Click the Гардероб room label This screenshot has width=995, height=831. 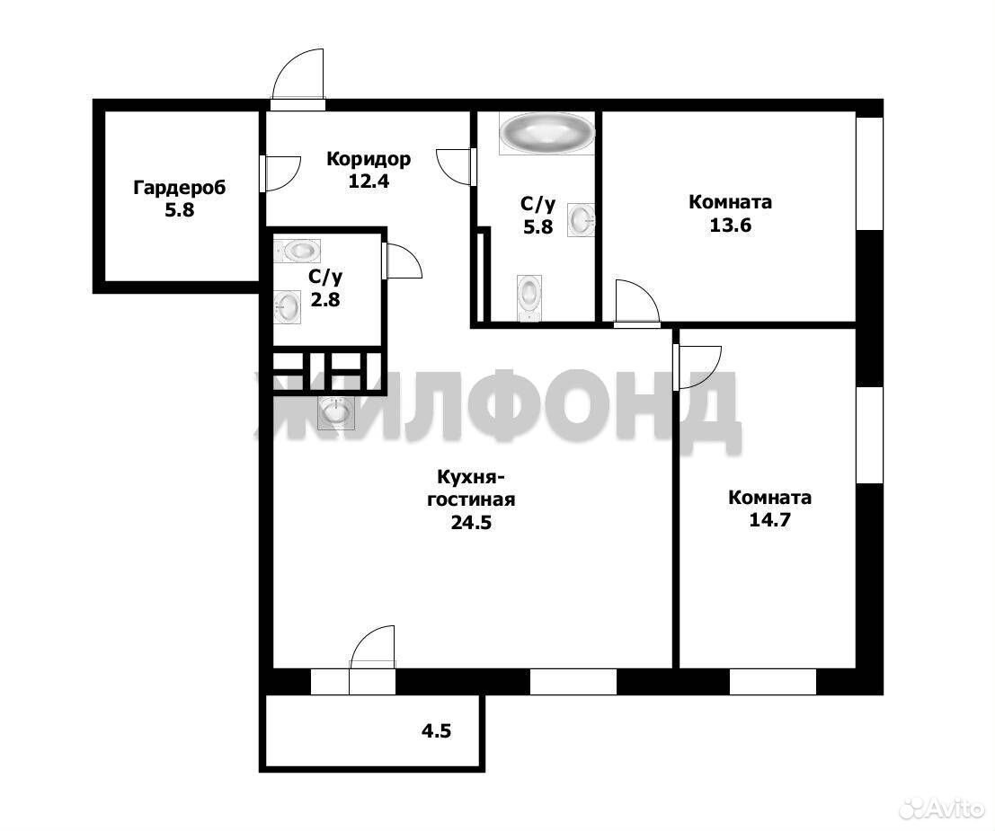180,188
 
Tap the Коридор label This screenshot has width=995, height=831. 368,159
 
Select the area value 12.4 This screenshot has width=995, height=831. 368,181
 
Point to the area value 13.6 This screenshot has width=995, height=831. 730,225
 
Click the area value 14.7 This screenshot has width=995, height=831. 769,520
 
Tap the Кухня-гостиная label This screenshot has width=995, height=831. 471,488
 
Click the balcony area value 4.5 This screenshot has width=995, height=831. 436,730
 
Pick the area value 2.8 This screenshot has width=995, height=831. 324,299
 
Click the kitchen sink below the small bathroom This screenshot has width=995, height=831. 335,412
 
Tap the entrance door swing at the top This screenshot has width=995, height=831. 299,73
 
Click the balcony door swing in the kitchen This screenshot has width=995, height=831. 373,647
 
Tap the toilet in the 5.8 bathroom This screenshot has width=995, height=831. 529,296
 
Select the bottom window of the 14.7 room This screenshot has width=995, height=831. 772,682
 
